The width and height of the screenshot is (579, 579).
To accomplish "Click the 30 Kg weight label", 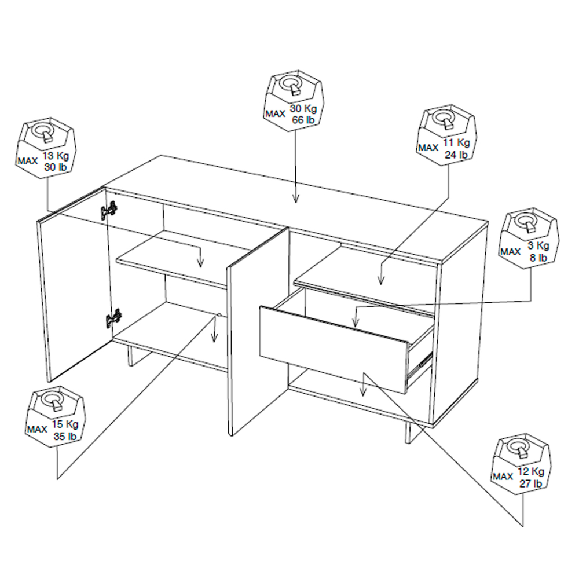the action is pos(303,109).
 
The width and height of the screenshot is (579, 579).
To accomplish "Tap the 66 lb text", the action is pos(303,120).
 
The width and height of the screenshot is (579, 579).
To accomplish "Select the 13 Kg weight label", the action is pos(56,156).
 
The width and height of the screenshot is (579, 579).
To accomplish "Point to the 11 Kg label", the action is pos(456,142).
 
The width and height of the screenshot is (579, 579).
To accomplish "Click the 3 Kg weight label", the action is pos(538,245).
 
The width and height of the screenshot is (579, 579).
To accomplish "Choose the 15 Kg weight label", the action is pos(65,424).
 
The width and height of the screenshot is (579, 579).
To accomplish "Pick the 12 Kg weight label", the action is pos(530,471).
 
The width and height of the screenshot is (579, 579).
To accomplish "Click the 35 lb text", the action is pos(65,436).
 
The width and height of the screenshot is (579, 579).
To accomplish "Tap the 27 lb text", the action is pos(530,483).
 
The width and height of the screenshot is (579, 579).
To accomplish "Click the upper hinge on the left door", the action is pos(109,211).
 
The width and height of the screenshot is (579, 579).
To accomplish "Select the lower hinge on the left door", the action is pos(113,318).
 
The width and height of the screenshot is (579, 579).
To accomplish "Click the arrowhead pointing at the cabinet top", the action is pos(295,198).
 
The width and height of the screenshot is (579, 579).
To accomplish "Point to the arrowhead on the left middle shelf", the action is pos(200,262).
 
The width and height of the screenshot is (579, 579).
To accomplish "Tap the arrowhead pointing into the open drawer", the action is pos(356,323).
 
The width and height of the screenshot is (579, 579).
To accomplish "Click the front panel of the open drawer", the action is pos(333,349).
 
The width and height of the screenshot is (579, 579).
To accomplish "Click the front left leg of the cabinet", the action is pos(130,356).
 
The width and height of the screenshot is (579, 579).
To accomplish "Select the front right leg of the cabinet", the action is pos(408,433).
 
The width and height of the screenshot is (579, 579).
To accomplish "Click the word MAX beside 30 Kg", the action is pos(275,113).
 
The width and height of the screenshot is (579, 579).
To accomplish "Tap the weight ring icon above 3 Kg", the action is pos(527,222).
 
